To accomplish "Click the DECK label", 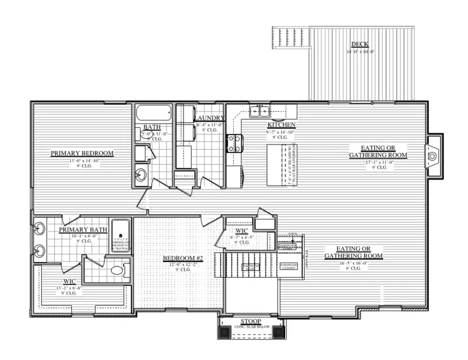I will tap(360, 45).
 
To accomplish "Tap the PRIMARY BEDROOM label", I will tap(82, 153).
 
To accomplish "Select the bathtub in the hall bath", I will tap(153, 113).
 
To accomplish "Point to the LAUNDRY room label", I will tap(210, 118).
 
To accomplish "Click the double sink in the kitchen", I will tap(258, 111).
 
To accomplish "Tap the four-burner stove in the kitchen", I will tap(234, 143).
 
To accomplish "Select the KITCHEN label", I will tap(281, 125).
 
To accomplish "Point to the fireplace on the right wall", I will tap(433, 156).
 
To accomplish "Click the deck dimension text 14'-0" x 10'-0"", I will tap(360, 52).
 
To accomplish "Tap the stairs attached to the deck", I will tap(290, 39).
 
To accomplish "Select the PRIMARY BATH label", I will tap(83, 229).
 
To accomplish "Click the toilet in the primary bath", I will tap(116, 271).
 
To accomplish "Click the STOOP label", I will tap(251, 321).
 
